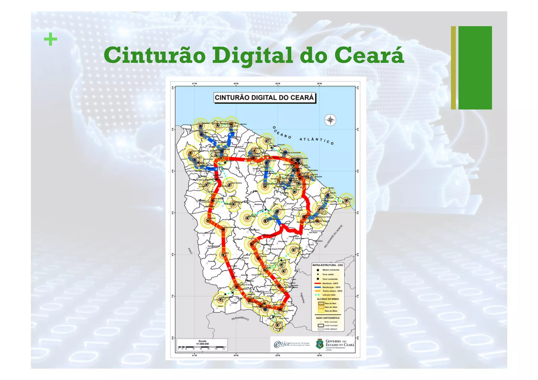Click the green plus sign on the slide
(50, 40)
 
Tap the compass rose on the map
(330, 120)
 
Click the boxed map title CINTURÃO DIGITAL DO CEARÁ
(264, 98)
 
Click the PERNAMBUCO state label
(240, 319)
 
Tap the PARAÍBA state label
(303, 298)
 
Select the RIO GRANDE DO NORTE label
(333, 236)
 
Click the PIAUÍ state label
(190, 251)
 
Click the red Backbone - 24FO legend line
(318, 284)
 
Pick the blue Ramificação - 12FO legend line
(318, 287)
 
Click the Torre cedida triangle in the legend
(318, 274)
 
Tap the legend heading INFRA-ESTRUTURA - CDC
(328, 265)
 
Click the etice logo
(282, 344)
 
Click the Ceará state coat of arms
(319, 344)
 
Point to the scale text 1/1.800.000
(202, 343)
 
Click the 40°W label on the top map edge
(236, 84)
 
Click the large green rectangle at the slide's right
(475, 67)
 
